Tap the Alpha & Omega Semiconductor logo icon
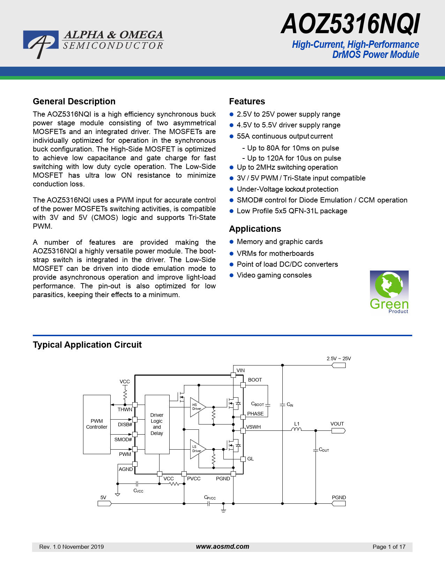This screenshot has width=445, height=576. [40, 43]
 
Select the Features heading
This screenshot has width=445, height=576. [247, 102]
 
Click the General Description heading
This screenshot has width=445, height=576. [74, 102]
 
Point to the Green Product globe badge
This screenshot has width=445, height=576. [389, 292]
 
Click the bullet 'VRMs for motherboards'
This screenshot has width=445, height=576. [275, 253]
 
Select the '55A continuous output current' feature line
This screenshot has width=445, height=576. [284, 136]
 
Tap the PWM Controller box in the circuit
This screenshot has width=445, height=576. [97, 424]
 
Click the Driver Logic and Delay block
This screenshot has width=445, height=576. [157, 424]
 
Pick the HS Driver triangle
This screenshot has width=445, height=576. [196, 407]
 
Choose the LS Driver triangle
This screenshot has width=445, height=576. [196, 449]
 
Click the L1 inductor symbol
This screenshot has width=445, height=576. [296, 429]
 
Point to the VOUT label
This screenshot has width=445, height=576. [337, 424]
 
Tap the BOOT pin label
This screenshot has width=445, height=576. [255, 380]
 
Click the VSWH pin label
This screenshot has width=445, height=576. [253, 427]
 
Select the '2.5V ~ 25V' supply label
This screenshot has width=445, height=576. [339, 359]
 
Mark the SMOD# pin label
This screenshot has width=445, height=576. [123, 440]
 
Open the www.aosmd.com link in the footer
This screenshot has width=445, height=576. [222, 547]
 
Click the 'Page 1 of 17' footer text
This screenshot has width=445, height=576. [389, 547]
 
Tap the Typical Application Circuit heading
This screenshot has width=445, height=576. [87, 345]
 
